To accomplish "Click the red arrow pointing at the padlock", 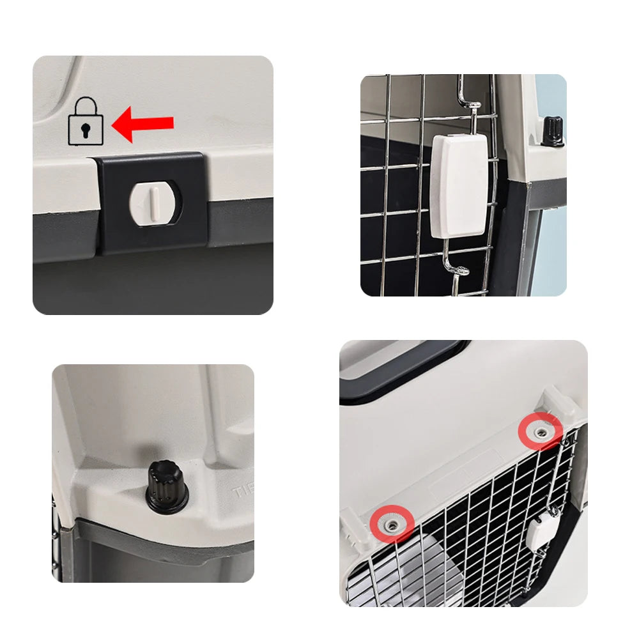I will tap(144, 123).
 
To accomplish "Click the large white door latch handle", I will tap(459, 185).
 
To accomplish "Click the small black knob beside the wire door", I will tap(551, 131).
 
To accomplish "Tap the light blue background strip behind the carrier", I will tap(551, 243).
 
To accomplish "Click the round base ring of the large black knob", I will tap(167, 505).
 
